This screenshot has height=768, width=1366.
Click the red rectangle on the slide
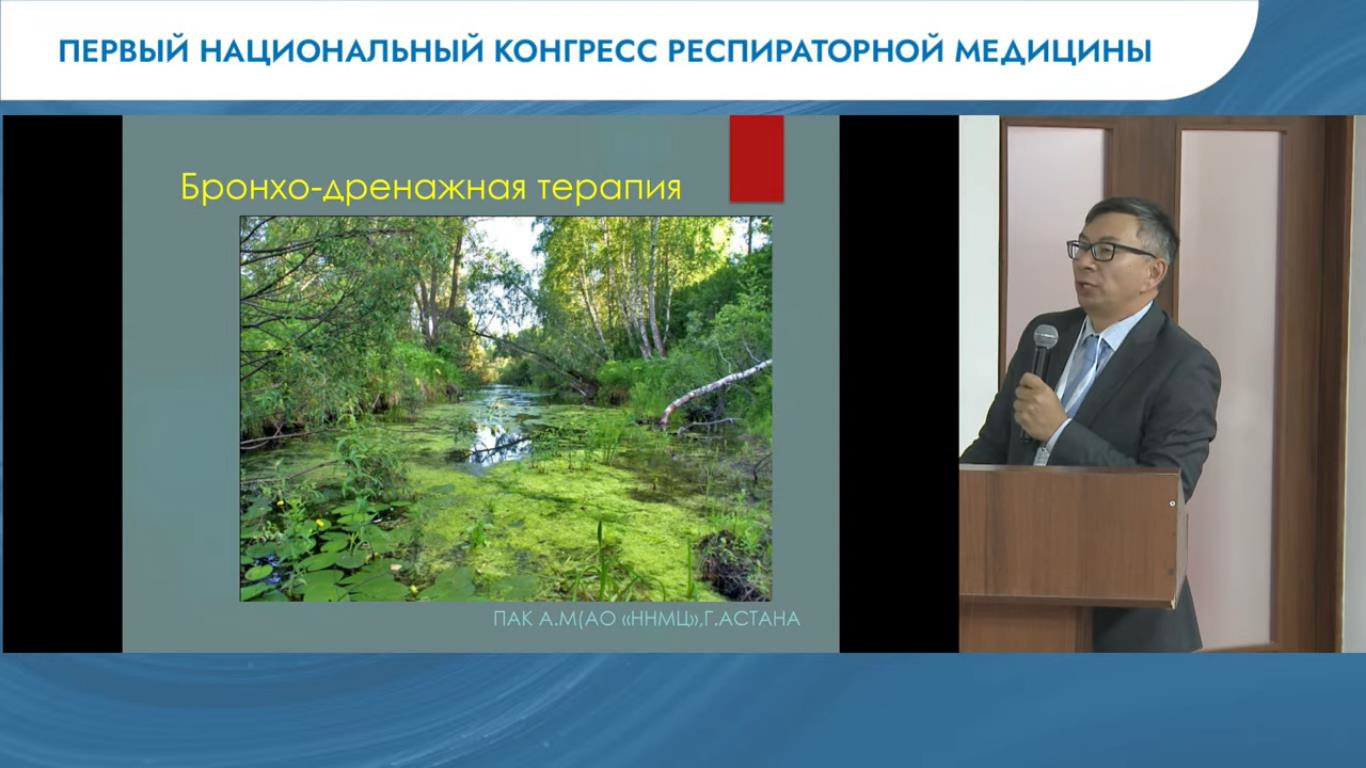(x=757, y=158)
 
